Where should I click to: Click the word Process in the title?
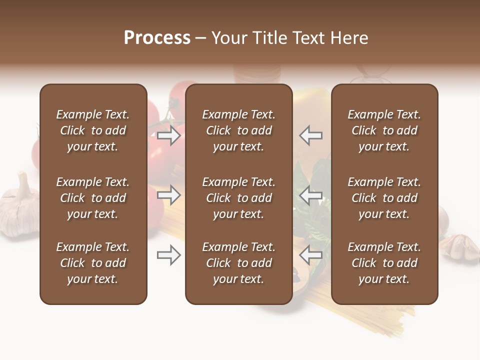click(x=157, y=38)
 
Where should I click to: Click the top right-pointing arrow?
click(x=168, y=135)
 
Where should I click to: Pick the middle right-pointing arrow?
click(x=168, y=195)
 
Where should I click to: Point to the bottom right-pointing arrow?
click(x=168, y=255)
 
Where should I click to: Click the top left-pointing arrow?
click(x=310, y=135)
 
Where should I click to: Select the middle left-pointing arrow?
click(x=310, y=195)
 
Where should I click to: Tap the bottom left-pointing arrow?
click(x=310, y=255)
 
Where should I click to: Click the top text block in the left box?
click(x=93, y=130)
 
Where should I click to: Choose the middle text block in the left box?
click(x=93, y=198)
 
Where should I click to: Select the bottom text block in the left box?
click(x=93, y=263)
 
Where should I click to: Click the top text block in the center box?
click(x=238, y=130)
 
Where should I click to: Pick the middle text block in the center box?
click(x=238, y=198)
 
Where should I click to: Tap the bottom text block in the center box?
click(x=238, y=263)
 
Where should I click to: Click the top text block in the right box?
click(x=384, y=130)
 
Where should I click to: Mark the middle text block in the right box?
click(x=384, y=198)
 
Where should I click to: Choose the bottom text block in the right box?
click(x=384, y=263)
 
